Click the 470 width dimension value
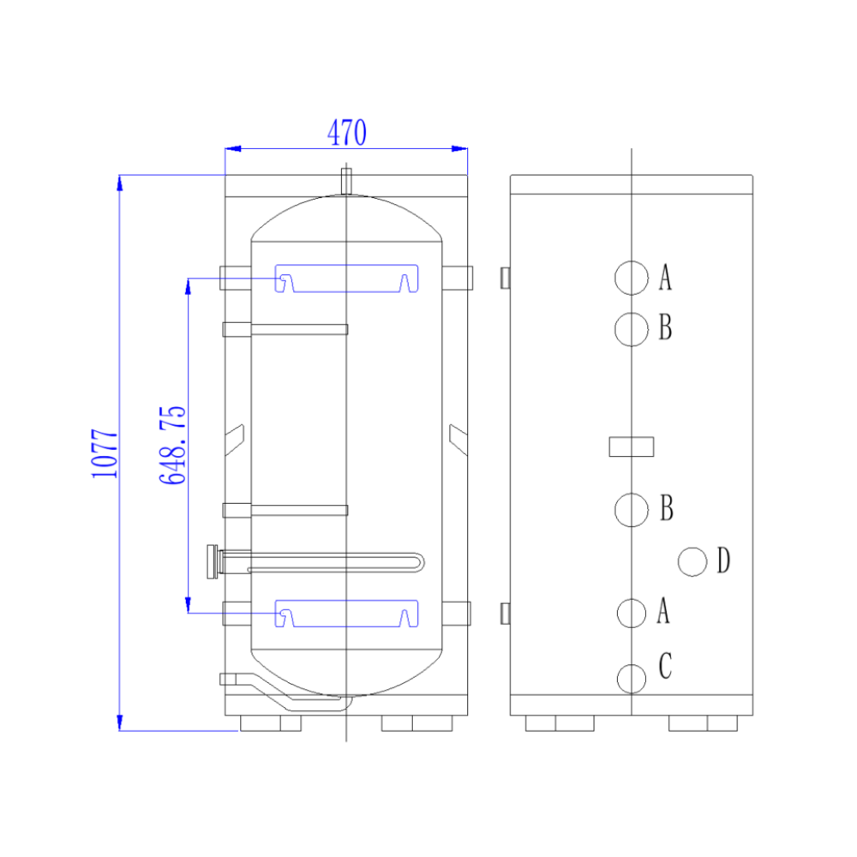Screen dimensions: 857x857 tap(346, 132)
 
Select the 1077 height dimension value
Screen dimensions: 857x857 tap(105, 453)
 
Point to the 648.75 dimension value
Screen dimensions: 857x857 tap(172, 446)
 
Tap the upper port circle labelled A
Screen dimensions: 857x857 tap(632, 278)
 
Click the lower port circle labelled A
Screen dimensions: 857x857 tap(632, 613)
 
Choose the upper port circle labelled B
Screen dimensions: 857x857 tap(632, 329)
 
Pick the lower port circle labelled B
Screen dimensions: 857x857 tap(632, 509)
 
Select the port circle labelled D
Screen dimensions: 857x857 tap(692, 561)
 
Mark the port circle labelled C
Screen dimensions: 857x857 tap(632, 679)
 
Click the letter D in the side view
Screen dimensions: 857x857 tap(723, 560)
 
